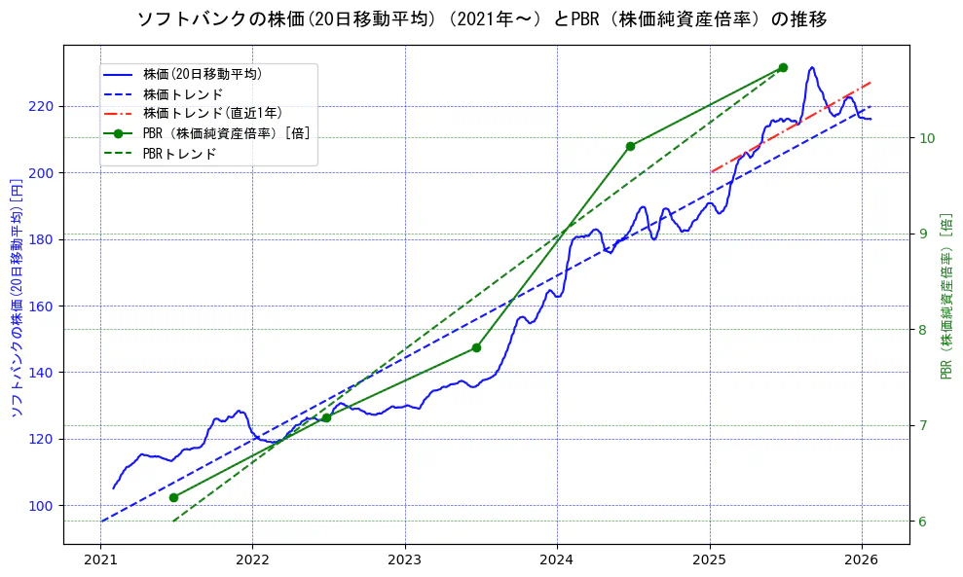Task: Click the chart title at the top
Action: pos(481,19)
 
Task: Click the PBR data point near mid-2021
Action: pos(173,497)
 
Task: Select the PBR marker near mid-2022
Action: pos(326,417)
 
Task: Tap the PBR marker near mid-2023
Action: pos(476,347)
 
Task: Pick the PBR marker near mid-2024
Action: pos(630,146)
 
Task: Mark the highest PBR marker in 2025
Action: pos(783,67)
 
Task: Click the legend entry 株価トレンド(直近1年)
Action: pos(212,113)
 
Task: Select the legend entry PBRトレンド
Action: pos(179,153)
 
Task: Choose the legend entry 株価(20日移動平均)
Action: pos(202,73)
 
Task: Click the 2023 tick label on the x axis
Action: pos(404,559)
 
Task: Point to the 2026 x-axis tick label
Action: pos(862,559)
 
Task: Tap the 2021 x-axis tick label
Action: pos(100,559)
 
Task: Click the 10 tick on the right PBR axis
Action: pos(927,138)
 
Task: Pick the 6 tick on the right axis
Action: pos(923,522)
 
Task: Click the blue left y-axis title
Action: pos(16,298)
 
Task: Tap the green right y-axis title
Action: pos(946,296)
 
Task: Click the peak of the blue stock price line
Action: pos(812,67)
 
